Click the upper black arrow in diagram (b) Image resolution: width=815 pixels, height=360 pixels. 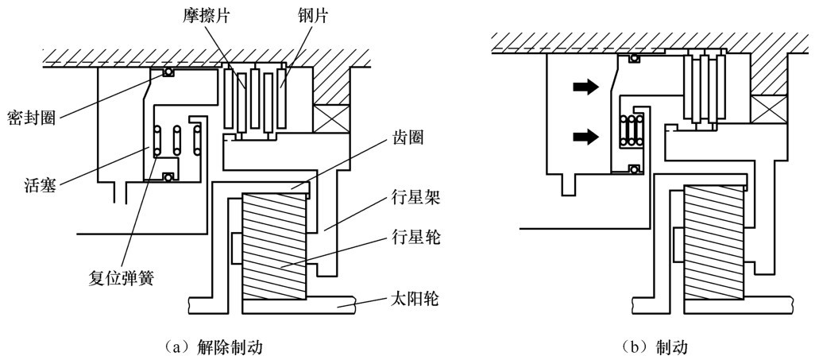tap(584, 88)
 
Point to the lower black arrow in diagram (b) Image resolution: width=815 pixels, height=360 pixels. tap(584, 137)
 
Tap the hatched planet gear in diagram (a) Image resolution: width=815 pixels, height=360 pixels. tap(274, 246)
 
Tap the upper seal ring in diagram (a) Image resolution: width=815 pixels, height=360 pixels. tap(168, 72)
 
